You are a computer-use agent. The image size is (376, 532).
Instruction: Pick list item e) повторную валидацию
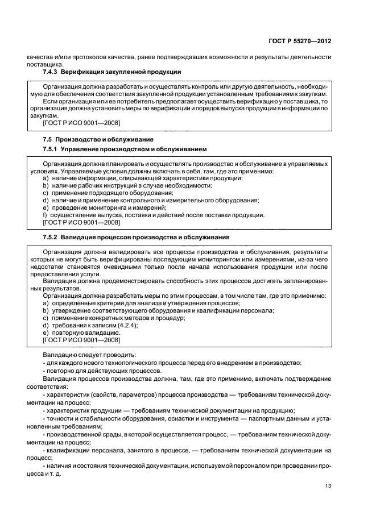pos(81,332)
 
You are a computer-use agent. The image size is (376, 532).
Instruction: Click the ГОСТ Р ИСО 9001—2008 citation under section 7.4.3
pos(81,123)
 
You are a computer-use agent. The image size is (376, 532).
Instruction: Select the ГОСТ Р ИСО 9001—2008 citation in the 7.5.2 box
pos(81,340)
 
